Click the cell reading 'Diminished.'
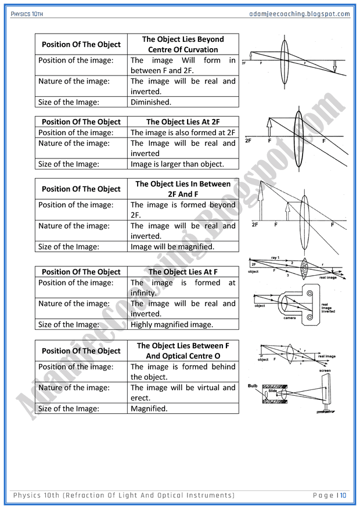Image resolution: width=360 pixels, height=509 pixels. click(x=151, y=102)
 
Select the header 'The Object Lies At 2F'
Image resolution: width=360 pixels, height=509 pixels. click(x=183, y=122)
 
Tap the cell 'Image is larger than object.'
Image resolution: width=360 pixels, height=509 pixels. click(x=177, y=164)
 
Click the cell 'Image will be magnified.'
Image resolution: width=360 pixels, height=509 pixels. click(x=172, y=247)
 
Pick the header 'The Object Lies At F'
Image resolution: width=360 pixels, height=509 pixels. click(x=183, y=272)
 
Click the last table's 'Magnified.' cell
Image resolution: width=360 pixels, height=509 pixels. click(x=149, y=409)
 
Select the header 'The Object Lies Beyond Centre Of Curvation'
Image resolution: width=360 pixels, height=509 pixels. click(x=183, y=45)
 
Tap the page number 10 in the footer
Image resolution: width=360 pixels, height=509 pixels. click(x=343, y=495)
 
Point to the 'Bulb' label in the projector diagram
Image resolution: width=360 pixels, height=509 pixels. click(x=252, y=385)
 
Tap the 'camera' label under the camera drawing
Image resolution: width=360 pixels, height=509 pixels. click(x=289, y=317)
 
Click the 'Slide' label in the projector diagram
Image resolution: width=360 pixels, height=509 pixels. click(x=272, y=391)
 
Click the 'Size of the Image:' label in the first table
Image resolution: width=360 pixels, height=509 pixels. click(x=69, y=102)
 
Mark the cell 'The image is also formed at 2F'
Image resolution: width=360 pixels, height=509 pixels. click(x=183, y=133)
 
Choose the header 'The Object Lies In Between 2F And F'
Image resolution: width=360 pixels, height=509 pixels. click(x=183, y=189)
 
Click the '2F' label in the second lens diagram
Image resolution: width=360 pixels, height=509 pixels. click(x=249, y=140)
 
